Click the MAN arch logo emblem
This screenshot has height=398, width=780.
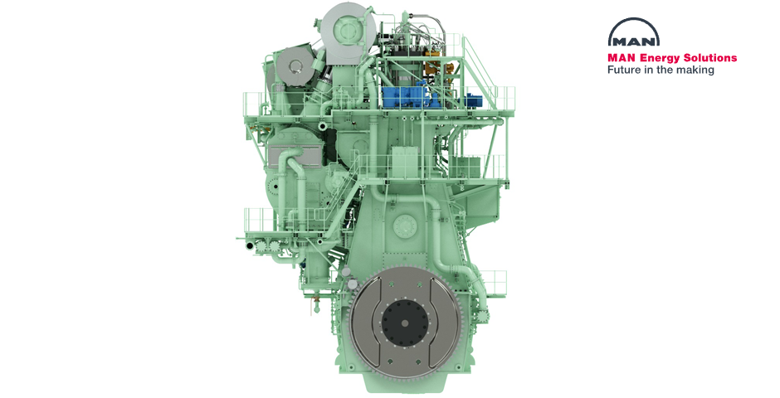coord(634,33)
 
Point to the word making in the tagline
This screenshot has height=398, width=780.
coord(697,70)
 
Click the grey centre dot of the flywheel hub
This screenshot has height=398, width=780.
coord(404,323)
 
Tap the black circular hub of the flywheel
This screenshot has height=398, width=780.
coord(404,323)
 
